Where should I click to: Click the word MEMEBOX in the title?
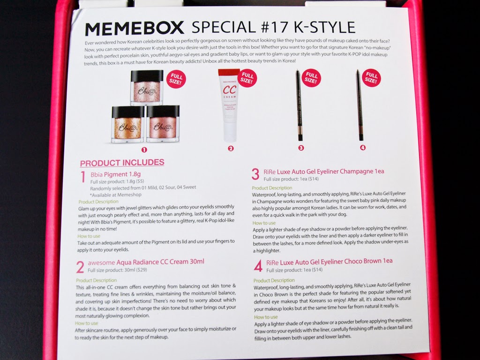click(x=135, y=29)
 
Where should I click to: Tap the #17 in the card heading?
click(x=274, y=27)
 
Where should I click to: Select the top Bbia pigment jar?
click(x=147, y=88)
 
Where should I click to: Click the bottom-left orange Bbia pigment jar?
click(x=128, y=124)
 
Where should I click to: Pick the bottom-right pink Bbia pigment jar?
click(x=163, y=124)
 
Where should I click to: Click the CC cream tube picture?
click(x=229, y=105)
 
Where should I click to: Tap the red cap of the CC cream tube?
click(x=229, y=72)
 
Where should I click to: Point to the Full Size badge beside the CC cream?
click(x=247, y=78)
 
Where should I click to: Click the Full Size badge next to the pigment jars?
click(x=176, y=79)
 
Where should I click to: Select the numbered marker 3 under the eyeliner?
click(x=301, y=148)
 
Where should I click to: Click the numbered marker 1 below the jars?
click(x=144, y=150)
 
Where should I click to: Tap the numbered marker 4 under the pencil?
click(x=363, y=148)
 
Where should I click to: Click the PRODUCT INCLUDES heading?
click(x=122, y=163)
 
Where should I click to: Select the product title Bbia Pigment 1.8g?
click(x=115, y=174)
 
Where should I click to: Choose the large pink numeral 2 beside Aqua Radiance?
click(x=80, y=267)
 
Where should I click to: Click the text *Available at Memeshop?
click(x=116, y=195)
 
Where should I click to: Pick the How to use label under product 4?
click(x=266, y=317)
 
